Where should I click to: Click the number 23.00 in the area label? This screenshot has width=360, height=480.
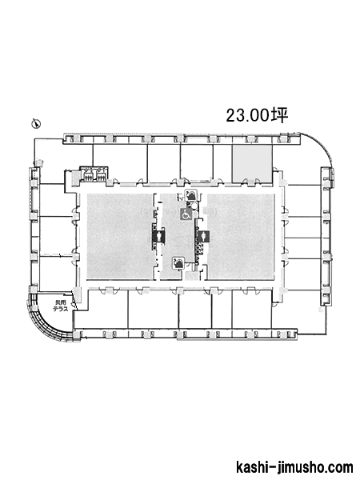248,115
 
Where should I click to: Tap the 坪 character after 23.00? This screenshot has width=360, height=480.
280,115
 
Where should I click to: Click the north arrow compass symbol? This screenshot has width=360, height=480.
37,124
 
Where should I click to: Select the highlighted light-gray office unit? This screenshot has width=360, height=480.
252,163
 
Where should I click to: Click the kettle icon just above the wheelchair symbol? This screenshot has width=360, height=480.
191,195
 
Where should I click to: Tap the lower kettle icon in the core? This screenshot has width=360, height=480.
178,263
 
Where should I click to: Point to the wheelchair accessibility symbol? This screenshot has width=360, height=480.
186,214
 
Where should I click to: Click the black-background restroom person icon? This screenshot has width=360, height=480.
159,236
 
